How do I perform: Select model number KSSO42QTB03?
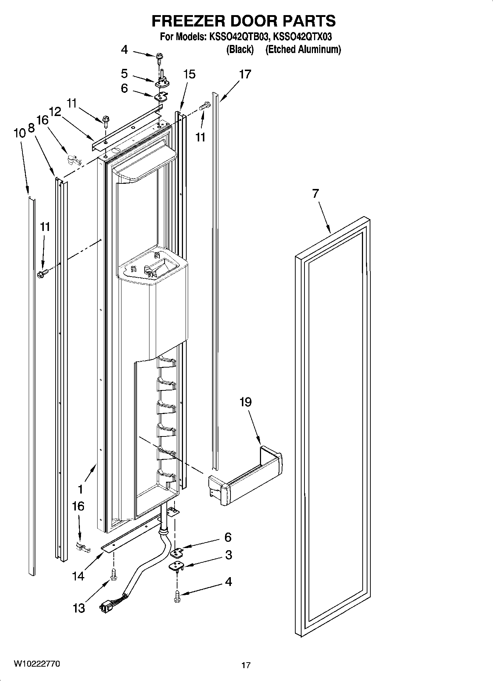pyautogui.click(x=237, y=37)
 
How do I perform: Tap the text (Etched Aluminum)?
pyautogui.click(x=303, y=49)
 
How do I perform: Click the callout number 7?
pyautogui.click(x=315, y=194)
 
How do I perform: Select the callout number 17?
pyautogui.click(x=245, y=74)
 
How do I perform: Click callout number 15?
pyautogui.click(x=189, y=74)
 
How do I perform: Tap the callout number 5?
pyautogui.click(x=124, y=74)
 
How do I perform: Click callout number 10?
pyautogui.click(x=20, y=133)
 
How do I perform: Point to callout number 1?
pyautogui.click(x=80, y=489)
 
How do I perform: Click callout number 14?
pyautogui.click(x=78, y=576)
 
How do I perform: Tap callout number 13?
pyautogui.click(x=79, y=608)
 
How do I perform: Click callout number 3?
pyautogui.click(x=228, y=555)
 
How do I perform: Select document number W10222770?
pyautogui.click(x=37, y=664)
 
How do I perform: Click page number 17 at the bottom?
pyautogui.click(x=246, y=665)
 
